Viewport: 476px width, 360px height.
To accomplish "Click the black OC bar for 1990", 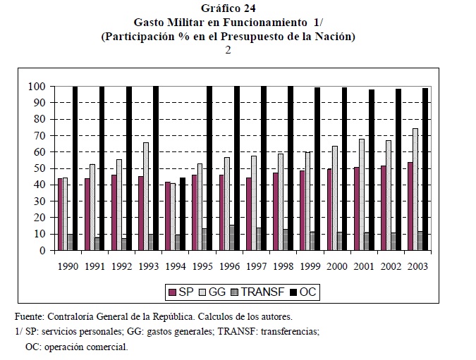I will click(x=75, y=169).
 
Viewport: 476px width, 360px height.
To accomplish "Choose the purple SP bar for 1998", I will click(x=276, y=211).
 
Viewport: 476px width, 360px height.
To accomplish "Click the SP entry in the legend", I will click(x=181, y=290).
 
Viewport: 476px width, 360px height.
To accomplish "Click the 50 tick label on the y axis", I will click(x=39, y=168).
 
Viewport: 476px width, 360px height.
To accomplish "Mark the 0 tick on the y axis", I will click(x=42, y=251).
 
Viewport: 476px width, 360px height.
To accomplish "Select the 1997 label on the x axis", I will click(x=256, y=267).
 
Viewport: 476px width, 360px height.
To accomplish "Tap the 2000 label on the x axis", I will click(x=336, y=267).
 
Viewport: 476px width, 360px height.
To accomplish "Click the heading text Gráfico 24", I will click(x=228, y=9).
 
